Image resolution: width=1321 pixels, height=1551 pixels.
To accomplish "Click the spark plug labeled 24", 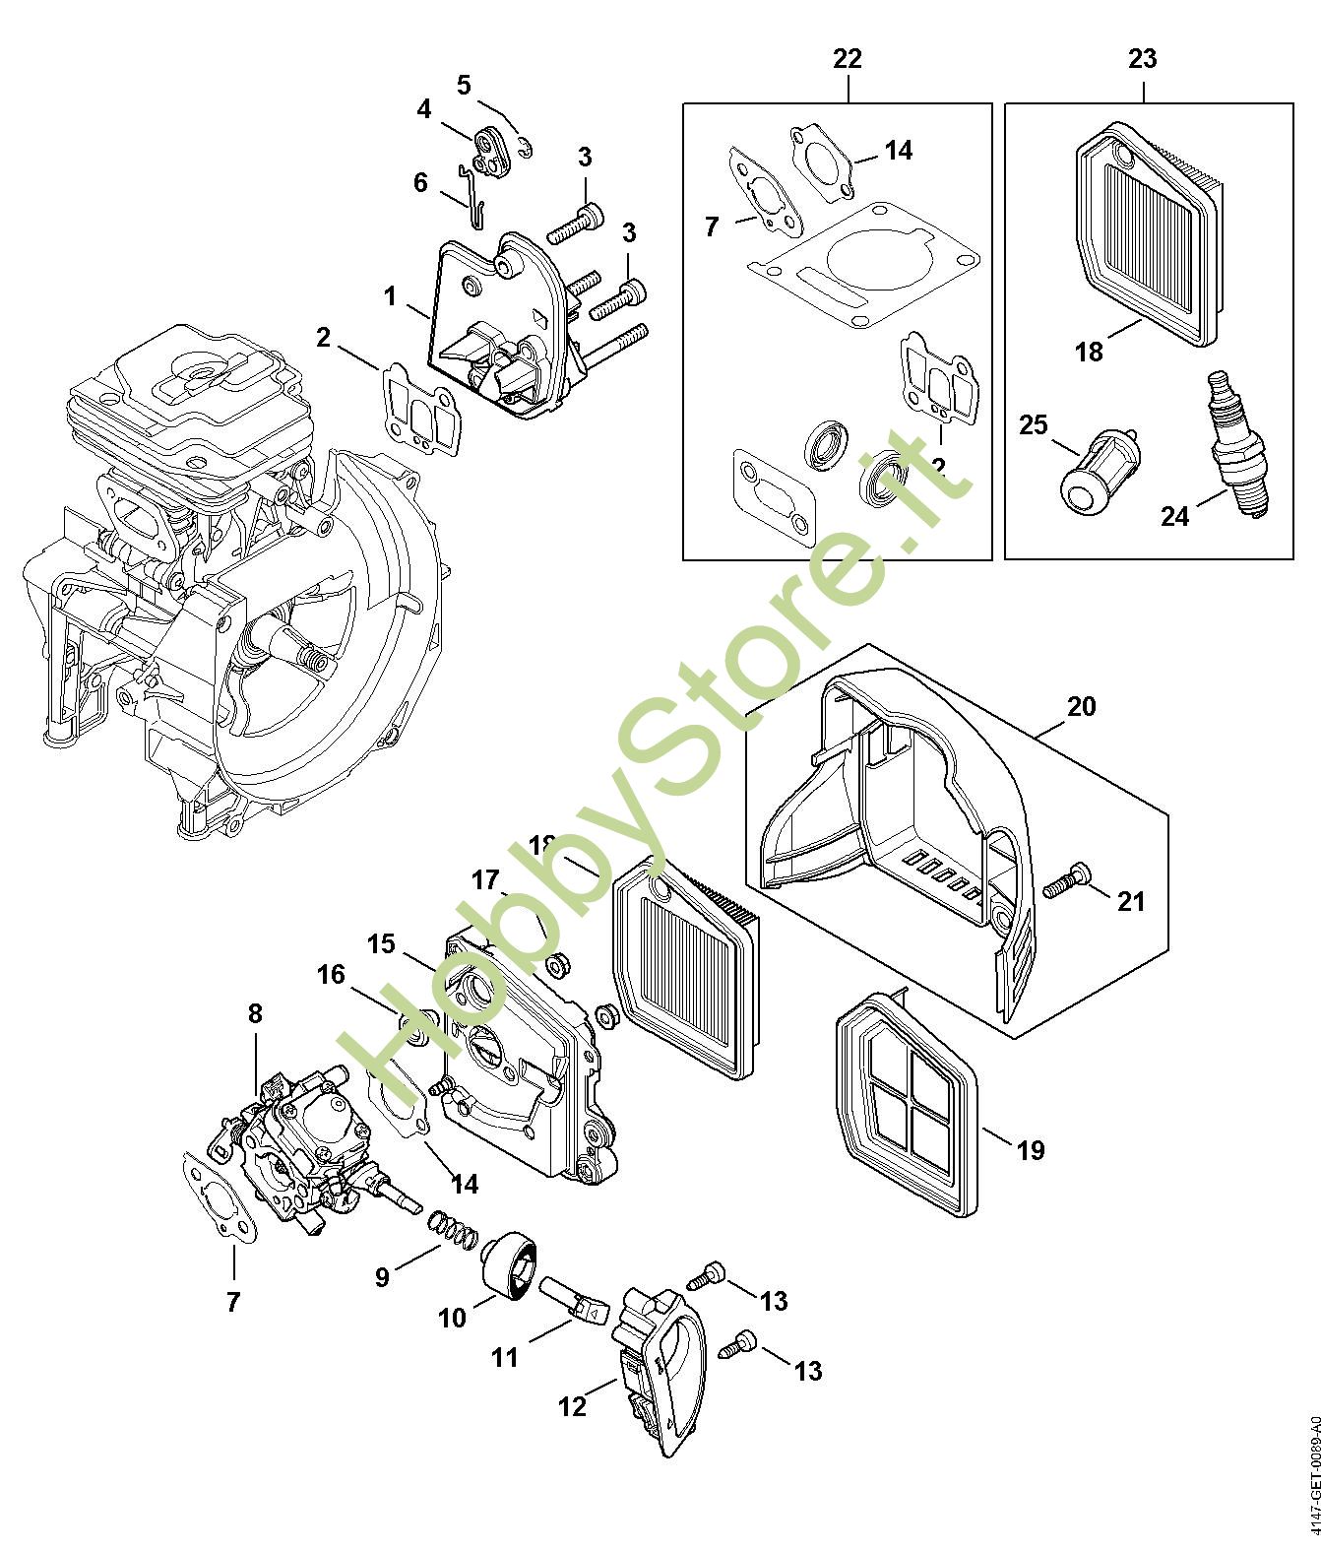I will point(1238,444).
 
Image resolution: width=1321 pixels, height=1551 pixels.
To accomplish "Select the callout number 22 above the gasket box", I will point(847,59).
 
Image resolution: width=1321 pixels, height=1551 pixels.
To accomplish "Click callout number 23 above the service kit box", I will point(1142,59).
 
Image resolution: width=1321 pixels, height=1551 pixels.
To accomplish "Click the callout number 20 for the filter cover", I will point(1080,706).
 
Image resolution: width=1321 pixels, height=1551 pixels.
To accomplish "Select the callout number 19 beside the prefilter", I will point(1030,1149).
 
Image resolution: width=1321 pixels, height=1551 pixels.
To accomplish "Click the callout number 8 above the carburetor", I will point(255,1012).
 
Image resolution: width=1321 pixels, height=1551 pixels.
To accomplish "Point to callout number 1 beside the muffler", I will point(390,295).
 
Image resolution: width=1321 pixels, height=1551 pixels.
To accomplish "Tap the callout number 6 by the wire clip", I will point(420,183).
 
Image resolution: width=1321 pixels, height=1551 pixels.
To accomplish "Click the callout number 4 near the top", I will point(423,108).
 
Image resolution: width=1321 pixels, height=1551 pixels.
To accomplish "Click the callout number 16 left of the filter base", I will point(331,974).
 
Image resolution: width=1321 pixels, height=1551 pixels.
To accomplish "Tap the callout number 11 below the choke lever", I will point(504,1358).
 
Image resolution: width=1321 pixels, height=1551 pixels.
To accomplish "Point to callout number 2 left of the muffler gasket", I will point(323,337).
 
